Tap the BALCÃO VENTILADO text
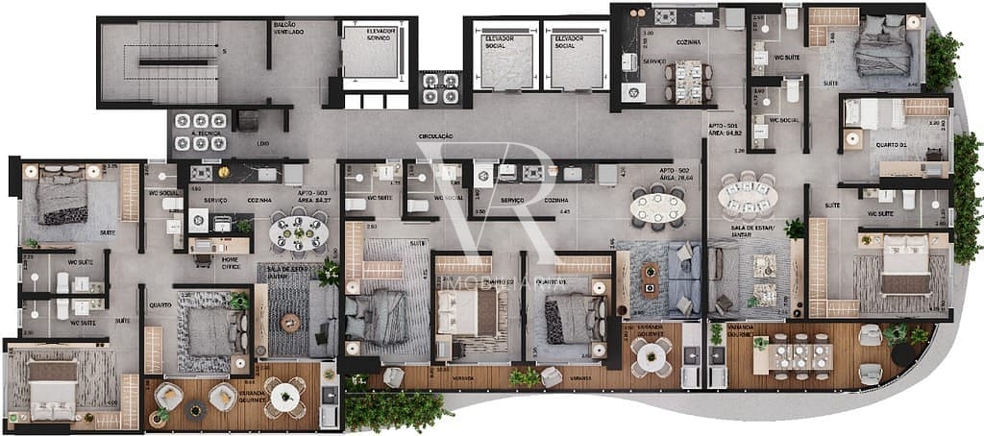[x=290, y=29]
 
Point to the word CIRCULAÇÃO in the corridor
[x=435, y=136]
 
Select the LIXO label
[x=263, y=143]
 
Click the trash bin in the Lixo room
[x=247, y=121]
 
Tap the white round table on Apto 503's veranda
[x=284, y=394]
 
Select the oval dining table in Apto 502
[x=659, y=206]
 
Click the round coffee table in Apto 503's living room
[x=290, y=323]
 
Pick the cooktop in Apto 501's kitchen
[x=665, y=16]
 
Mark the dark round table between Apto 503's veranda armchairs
[x=196, y=410]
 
